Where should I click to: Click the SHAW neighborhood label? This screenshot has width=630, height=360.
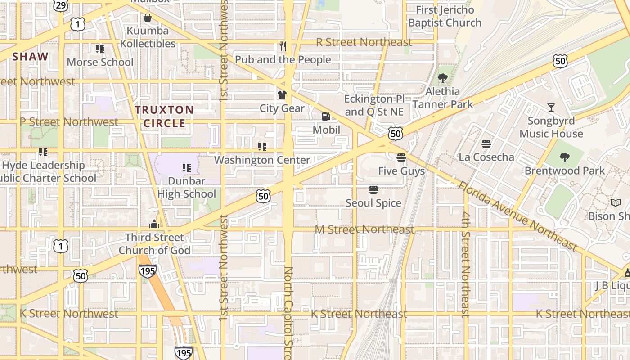pyautogui.click(x=30, y=57)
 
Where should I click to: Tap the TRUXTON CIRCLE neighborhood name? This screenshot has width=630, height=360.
pyautogui.click(x=164, y=117)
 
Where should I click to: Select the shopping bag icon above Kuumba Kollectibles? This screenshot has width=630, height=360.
pyautogui.click(x=147, y=18)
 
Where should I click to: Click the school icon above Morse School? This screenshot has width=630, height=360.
pyautogui.click(x=99, y=49)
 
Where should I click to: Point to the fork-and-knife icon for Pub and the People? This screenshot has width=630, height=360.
pyautogui.click(x=283, y=46)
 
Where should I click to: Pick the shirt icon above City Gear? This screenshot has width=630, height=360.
pyautogui.click(x=282, y=95)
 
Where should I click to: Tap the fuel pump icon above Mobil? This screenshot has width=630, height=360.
pyautogui.click(x=326, y=117)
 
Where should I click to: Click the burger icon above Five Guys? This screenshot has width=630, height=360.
pyautogui.click(x=401, y=157)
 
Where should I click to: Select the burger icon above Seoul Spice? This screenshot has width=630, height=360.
pyautogui.click(x=373, y=190)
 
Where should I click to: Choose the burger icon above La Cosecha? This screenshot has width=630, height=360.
pyautogui.click(x=486, y=144)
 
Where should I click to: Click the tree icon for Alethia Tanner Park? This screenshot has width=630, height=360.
pyautogui.click(x=443, y=78)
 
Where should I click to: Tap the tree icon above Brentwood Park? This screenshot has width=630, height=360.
pyautogui.click(x=565, y=157)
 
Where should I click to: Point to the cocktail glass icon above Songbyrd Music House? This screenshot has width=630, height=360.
pyautogui.click(x=551, y=108)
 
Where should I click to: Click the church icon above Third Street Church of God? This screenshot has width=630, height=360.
pyautogui.click(x=154, y=224)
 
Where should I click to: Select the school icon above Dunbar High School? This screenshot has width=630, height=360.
pyautogui.click(x=186, y=168)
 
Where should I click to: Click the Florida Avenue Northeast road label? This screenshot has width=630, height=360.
pyautogui.click(x=517, y=216)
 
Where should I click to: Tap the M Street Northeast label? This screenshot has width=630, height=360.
pyautogui.click(x=364, y=229)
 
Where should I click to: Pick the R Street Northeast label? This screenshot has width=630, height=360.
pyautogui.click(x=364, y=42)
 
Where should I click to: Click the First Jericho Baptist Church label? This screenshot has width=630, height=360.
pyautogui.click(x=445, y=16)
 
